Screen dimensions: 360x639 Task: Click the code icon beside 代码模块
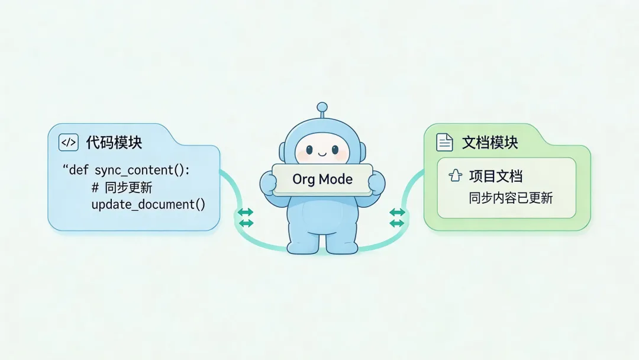coord(69,143)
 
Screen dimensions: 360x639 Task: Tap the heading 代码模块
coord(114,143)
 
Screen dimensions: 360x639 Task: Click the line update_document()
coord(148,205)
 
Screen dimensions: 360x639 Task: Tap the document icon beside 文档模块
coord(444,143)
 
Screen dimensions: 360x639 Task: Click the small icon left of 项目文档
coord(455,175)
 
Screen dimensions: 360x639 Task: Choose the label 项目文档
coord(496,176)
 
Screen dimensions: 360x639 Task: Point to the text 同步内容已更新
coord(511,198)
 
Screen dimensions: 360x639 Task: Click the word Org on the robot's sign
coord(303,179)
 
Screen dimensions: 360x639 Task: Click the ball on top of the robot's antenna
coord(322,107)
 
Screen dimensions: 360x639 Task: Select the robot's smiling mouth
coord(322,155)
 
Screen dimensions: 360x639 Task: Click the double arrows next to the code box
coord(245,217)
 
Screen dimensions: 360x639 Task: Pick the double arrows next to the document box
coord(397,217)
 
